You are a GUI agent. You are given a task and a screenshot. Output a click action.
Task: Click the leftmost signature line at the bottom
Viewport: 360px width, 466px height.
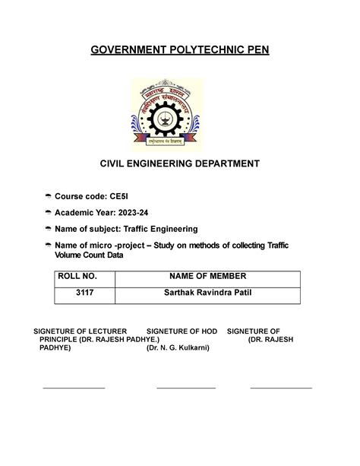(x=74, y=388)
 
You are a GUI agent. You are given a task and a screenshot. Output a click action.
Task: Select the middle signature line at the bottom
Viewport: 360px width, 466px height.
(x=186, y=388)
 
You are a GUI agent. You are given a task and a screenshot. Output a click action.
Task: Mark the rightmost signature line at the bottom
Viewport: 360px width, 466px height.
(x=281, y=388)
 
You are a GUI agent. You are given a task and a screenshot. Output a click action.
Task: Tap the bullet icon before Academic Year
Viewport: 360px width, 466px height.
(x=49, y=214)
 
